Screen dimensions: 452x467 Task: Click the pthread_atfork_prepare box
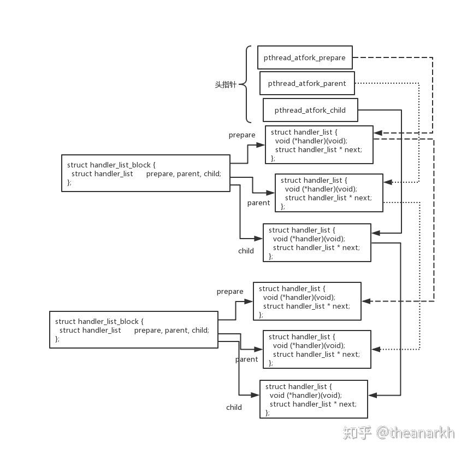click(x=305, y=57)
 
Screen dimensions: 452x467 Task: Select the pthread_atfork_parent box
click(x=307, y=84)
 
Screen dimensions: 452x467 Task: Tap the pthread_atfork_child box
click(x=310, y=110)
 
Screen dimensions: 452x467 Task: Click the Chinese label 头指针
click(x=226, y=85)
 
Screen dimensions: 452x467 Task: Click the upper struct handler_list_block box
click(x=145, y=173)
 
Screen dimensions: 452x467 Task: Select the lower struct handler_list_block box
click(x=133, y=329)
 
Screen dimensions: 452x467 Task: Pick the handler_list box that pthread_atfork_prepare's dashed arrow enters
click(x=319, y=145)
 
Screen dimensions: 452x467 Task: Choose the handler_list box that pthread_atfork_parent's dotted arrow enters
click(x=329, y=193)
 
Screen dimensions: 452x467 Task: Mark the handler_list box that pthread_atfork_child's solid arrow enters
click(x=317, y=242)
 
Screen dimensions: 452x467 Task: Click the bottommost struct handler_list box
click(x=314, y=399)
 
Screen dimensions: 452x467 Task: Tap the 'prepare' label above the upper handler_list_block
click(x=242, y=135)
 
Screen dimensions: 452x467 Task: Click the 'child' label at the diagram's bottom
click(x=234, y=407)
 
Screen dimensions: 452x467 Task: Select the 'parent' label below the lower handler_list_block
click(x=246, y=360)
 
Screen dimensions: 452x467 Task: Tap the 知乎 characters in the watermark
click(x=357, y=433)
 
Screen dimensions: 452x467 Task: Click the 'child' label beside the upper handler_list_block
click(x=246, y=251)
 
